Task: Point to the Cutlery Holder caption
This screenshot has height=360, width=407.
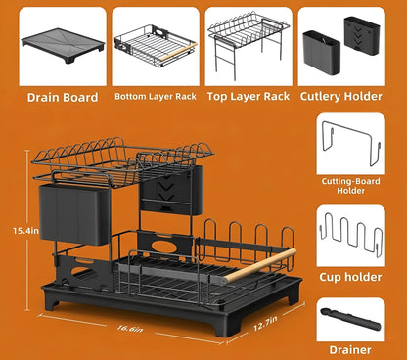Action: coord(341,96)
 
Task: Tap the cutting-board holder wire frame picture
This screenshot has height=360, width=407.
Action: coord(349,143)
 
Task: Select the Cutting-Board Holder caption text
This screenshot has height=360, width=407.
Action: coord(349,187)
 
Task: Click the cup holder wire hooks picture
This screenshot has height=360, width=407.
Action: coord(349,237)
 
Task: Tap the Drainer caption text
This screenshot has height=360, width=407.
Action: coord(349,349)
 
